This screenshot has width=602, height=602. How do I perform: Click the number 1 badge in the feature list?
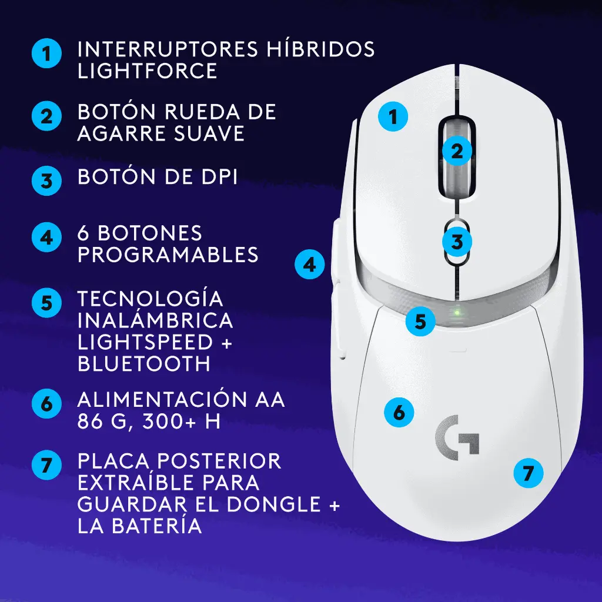(x=46, y=53)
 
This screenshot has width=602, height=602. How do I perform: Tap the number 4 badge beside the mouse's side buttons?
(x=309, y=265)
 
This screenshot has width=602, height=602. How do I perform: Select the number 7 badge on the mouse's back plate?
(x=529, y=473)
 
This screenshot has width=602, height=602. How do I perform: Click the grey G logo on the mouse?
(x=457, y=437)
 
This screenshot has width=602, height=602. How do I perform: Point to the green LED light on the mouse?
(x=457, y=312)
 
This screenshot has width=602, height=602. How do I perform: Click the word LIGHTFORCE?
(x=148, y=71)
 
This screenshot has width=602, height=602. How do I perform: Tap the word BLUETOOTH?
(x=144, y=363)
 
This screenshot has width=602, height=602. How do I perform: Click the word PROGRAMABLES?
(x=168, y=255)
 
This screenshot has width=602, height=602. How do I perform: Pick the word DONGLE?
(x=274, y=504)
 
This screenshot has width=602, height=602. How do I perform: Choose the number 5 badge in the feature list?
(x=46, y=303)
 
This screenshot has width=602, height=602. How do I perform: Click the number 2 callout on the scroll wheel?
(x=457, y=151)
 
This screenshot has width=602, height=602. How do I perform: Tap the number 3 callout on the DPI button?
(x=457, y=242)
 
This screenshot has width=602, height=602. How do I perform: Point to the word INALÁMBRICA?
(x=155, y=319)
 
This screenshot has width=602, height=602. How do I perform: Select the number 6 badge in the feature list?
(x=46, y=403)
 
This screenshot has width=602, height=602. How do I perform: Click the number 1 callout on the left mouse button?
(x=393, y=116)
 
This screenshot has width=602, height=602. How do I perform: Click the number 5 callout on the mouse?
(x=420, y=321)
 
